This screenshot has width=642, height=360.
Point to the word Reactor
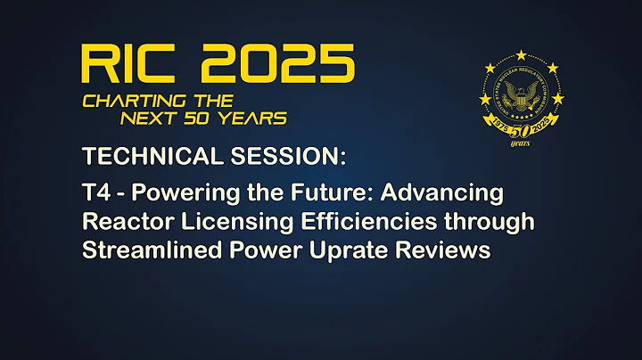click(122, 222)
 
